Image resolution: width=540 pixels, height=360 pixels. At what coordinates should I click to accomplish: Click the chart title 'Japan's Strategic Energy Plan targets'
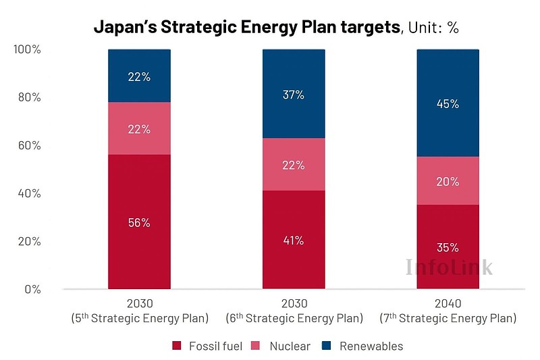(246, 28)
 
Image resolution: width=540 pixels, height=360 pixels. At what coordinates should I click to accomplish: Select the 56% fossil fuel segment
(139, 222)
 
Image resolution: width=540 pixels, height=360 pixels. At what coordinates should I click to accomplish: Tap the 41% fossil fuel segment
(294, 240)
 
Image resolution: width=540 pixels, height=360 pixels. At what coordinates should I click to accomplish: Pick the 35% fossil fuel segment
(448, 247)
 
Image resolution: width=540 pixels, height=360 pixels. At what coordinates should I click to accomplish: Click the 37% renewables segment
(294, 94)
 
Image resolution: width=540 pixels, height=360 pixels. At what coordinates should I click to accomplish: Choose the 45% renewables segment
(448, 103)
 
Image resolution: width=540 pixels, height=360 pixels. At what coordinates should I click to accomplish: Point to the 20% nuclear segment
(448, 181)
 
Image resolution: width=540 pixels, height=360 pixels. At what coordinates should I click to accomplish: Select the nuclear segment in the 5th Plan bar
(139, 128)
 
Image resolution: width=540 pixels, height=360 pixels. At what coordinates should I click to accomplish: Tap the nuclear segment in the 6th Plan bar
(294, 165)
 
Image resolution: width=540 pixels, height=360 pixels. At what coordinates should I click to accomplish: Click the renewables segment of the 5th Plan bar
(139, 76)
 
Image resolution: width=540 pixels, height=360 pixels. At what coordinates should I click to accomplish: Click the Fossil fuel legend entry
(207, 346)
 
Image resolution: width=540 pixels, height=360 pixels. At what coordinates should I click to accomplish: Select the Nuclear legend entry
(282, 346)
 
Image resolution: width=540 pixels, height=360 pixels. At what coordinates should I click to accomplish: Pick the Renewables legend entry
(363, 346)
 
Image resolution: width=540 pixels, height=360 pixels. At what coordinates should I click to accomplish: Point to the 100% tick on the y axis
(28, 50)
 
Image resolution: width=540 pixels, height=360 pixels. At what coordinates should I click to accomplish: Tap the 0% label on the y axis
(32, 290)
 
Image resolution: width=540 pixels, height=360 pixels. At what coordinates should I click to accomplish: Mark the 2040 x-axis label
(448, 304)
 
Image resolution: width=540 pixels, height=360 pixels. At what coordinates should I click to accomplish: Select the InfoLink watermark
(449, 267)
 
